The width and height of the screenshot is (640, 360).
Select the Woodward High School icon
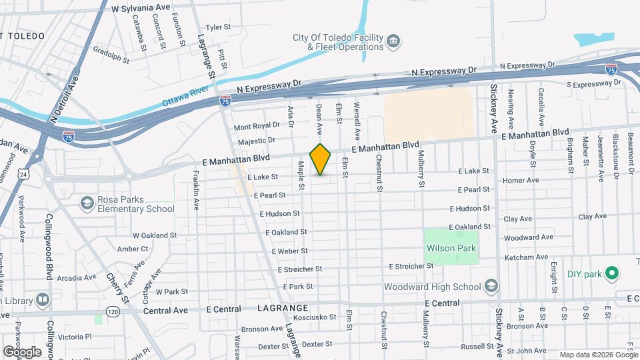pyautogui.click(x=491, y=286)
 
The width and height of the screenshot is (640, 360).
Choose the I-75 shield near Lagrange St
pyautogui.click(x=225, y=101)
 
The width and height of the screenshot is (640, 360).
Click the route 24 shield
pyautogui.click(x=24, y=174)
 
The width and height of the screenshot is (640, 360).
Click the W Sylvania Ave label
pyautogui.click(x=141, y=8)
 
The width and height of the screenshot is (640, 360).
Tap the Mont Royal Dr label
pyautogui.click(x=257, y=126)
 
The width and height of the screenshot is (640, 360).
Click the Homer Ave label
pyautogui.click(x=521, y=180)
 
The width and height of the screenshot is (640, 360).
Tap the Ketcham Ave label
pyautogui.click(x=526, y=257)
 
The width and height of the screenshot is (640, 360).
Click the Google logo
pyautogui.click(x=22, y=352)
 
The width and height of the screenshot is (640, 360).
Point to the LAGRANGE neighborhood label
pyautogui.click(x=283, y=309)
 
